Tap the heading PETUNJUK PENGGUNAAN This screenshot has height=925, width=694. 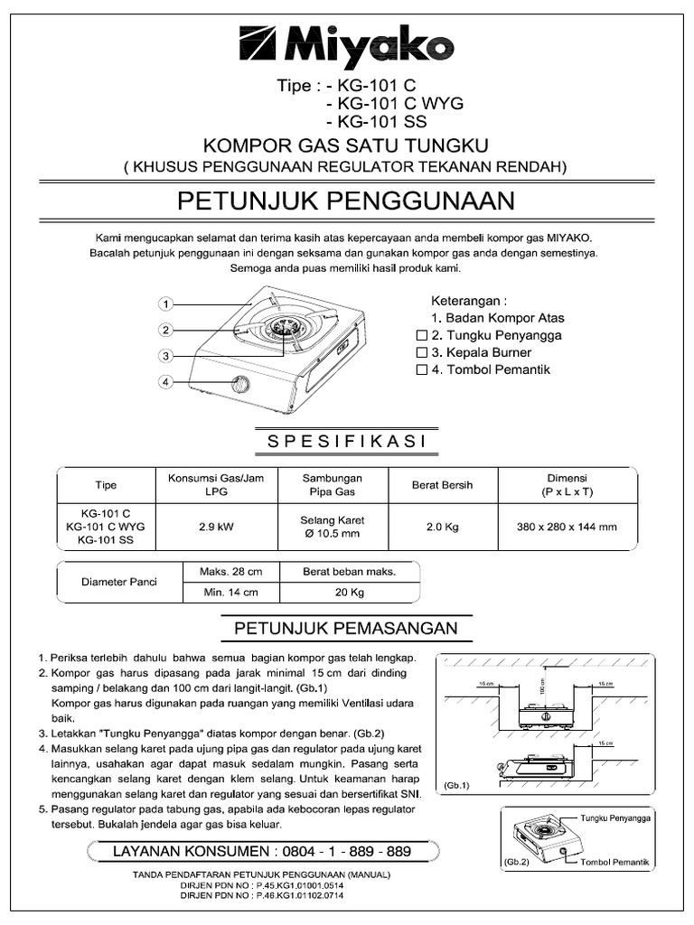tap(346, 199)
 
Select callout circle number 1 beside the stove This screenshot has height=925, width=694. tap(167, 304)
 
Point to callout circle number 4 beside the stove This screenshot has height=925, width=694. tap(165, 382)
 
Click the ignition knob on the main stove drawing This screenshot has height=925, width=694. tap(241, 386)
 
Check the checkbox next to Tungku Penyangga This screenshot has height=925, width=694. tap(420, 335)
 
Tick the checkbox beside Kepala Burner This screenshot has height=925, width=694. tap(420, 352)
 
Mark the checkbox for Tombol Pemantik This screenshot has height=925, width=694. tap(420, 369)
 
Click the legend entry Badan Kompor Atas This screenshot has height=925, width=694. tap(498, 318)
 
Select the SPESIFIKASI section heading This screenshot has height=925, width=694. tap(346, 441)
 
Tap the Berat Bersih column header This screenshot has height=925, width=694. tap(443, 485)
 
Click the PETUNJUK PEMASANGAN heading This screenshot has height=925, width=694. tap(346, 628)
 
